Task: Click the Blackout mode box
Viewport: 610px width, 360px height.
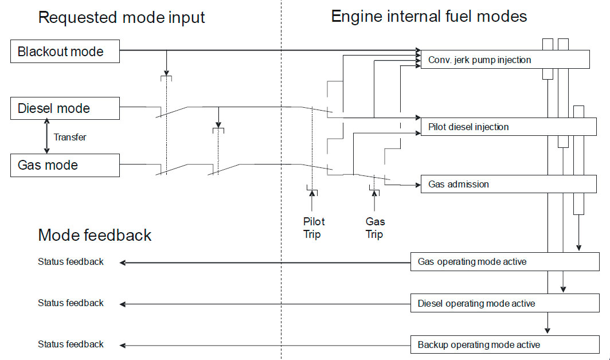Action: (65, 52)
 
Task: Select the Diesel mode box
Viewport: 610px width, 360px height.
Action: (65, 108)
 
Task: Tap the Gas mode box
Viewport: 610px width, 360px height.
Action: (65, 165)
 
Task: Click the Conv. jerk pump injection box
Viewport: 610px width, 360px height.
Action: (505, 60)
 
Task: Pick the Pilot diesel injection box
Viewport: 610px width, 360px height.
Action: (508, 127)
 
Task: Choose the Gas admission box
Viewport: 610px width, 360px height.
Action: (508, 184)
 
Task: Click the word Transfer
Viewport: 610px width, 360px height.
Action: (70, 137)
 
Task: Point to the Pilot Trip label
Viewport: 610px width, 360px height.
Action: (313, 228)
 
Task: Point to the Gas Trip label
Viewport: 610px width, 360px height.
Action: (375, 228)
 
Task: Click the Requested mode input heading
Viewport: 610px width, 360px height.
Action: (122, 17)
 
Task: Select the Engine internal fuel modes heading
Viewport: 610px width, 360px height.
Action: (429, 16)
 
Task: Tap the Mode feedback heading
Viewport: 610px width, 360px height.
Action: (95, 235)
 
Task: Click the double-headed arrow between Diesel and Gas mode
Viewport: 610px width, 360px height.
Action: (47, 136)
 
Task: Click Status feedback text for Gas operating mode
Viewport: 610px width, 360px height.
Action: (71, 262)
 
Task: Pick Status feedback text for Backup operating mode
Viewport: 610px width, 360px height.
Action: (71, 345)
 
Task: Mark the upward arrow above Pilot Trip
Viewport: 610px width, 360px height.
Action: (312, 202)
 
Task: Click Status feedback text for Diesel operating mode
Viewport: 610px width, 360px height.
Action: (71, 303)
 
